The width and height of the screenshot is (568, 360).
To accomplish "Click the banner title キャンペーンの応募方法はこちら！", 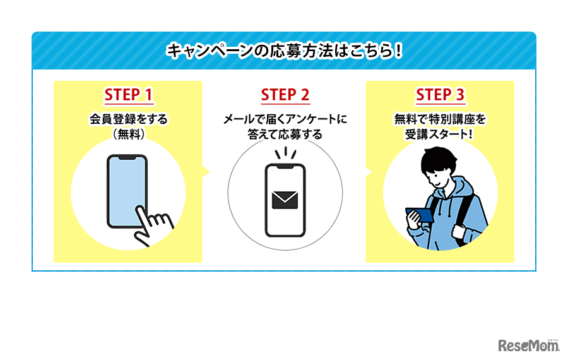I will (x=284, y=51).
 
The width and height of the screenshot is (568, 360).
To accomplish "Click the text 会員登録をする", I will (x=128, y=118).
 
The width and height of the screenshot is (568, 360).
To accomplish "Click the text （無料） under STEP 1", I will (x=128, y=133).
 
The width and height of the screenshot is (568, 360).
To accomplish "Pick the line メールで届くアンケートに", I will (x=285, y=118).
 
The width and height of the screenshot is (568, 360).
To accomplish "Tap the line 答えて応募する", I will (x=285, y=133).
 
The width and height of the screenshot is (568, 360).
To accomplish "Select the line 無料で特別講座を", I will (x=440, y=118).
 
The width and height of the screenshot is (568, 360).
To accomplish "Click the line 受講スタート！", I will (x=440, y=133).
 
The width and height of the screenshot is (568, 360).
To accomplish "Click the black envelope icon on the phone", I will (x=285, y=200).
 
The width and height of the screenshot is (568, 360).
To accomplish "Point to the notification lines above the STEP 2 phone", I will (x=285, y=153).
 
